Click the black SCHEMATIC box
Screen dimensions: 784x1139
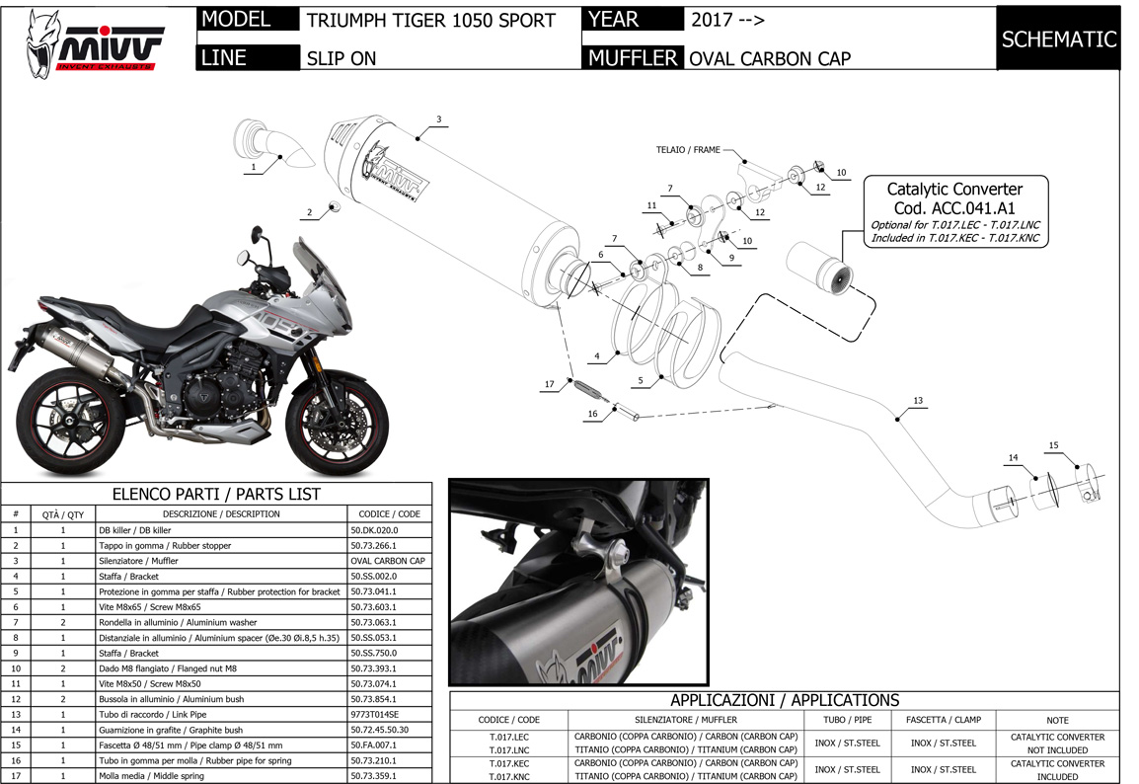tap(1058, 39)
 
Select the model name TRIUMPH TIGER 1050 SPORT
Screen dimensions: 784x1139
tap(430, 21)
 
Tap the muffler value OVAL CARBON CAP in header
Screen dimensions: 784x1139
tap(770, 58)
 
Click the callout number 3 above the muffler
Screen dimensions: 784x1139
tap(438, 120)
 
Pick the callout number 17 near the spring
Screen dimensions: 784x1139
tap(549, 384)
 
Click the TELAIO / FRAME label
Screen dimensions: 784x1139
tap(688, 150)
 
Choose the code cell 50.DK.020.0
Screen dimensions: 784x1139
tap(373, 530)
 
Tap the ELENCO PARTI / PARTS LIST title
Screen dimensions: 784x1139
tap(216, 494)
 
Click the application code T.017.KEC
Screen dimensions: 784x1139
tap(508, 763)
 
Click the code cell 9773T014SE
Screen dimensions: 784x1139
tap(377, 713)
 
